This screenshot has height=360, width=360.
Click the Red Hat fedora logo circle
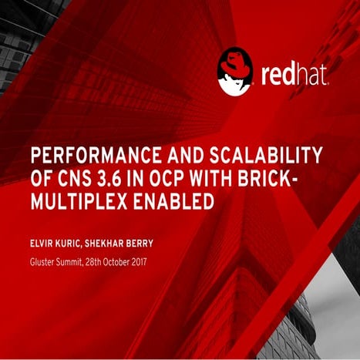click(x=235, y=72)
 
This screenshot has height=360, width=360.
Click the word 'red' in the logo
click(x=278, y=75)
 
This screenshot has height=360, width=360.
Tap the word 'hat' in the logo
click(x=314, y=75)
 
